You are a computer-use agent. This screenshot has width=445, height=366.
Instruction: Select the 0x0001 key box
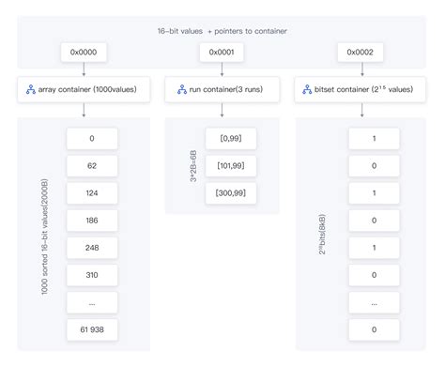tap(222, 52)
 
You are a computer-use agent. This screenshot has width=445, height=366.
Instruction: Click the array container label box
tap(84, 91)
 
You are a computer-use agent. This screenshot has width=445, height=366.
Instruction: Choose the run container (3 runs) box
tap(222, 91)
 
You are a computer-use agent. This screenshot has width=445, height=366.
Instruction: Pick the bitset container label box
tap(361, 91)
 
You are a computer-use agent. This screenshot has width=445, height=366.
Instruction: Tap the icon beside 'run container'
tap(182, 91)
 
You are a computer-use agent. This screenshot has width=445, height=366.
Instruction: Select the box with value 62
tap(92, 166)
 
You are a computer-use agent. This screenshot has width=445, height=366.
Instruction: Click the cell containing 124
tap(92, 193)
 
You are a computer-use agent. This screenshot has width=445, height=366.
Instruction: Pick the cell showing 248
tap(92, 248)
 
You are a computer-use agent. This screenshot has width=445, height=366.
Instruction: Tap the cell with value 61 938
tap(92, 329)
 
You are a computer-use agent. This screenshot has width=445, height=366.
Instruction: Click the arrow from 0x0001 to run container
tap(222, 69)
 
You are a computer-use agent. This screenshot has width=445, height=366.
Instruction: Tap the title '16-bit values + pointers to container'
tap(222, 30)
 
